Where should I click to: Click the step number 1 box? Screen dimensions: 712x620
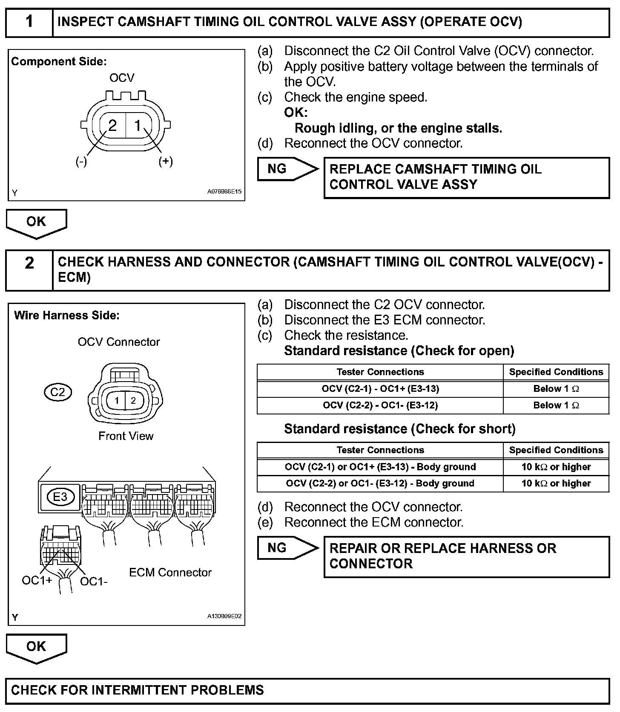[x=29, y=22]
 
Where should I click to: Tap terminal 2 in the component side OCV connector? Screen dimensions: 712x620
[x=112, y=125]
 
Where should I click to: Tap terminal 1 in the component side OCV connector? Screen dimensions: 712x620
[x=138, y=125]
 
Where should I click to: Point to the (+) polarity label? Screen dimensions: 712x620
[x=166, y=161]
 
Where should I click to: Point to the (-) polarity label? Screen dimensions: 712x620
[x=81, y=162]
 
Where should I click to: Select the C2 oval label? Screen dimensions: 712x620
[x=57, y=392]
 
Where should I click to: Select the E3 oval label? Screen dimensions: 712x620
[x=60, y=496]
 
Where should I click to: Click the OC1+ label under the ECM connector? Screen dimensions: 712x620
[x=37, y=580]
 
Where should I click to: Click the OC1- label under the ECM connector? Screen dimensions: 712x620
[x=94, y=581]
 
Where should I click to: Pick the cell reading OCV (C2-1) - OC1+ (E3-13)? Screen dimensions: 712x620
[x=380, y=389]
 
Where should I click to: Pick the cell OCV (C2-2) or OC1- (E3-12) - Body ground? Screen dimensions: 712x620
[x=380, y=483]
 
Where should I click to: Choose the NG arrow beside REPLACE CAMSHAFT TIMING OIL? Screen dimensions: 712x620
[x=287, y=169]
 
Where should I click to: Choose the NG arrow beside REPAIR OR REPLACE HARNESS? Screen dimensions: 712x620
[x=287, y=548]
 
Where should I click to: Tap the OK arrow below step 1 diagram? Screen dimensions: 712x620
[x=36, y=223]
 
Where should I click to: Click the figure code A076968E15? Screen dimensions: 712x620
[x=224, y=192]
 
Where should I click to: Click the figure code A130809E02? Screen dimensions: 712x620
[x=224, y=616]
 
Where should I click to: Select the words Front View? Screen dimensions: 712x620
[x=126, y=436]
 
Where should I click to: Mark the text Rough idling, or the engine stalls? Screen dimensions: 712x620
[x=398, y=128]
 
